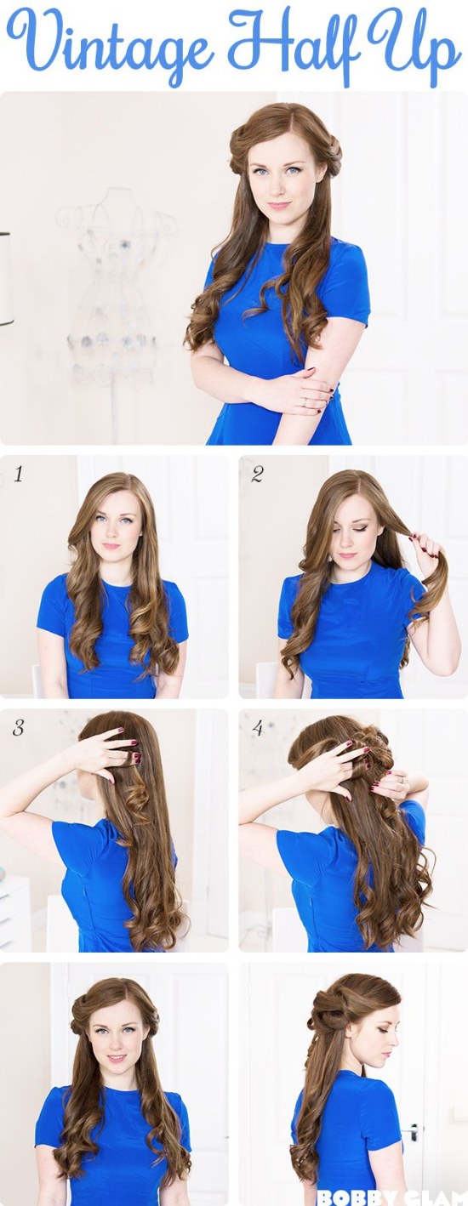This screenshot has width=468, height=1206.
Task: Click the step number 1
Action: coord(18,475)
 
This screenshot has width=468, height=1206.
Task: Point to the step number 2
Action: coord(256,475)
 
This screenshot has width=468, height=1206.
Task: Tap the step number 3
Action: coord(18,728)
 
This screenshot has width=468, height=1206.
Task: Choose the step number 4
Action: coord(257,728)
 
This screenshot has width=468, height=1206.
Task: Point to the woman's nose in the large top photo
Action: coord(279,186)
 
